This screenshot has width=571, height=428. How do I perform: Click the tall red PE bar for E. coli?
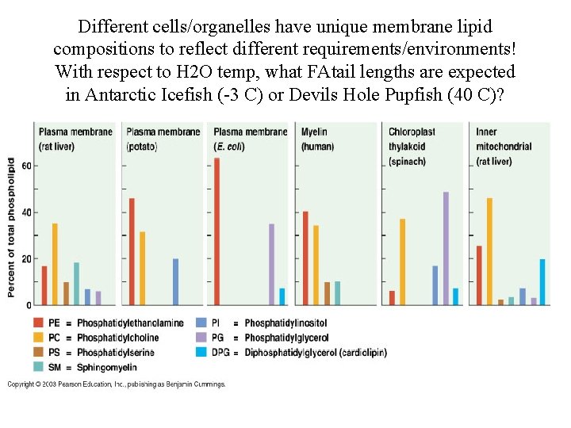tap(217, 231)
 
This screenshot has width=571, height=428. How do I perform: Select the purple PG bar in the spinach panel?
tap(446, 248)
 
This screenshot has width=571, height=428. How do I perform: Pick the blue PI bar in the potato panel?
tap(175, 281)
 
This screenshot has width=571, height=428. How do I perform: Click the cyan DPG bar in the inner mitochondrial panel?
tap(542, 281)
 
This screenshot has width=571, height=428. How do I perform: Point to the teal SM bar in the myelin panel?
tap(337, 292)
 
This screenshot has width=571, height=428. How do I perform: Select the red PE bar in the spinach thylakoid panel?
tap(392, 297)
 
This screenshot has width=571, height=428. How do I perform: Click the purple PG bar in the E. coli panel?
tap(271, 264)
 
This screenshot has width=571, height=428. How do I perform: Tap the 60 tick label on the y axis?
tap(26, 166)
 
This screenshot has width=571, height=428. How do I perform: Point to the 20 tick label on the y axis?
tap(26, 259)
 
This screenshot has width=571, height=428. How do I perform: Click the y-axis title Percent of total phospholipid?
tap(12, 227)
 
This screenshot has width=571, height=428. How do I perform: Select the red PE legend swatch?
tap(39, 323)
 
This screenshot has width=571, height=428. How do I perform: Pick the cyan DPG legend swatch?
tap(201, 352)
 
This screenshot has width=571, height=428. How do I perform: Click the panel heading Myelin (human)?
tap(315, 139)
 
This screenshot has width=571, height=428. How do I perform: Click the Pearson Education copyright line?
tap(117, 384)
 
